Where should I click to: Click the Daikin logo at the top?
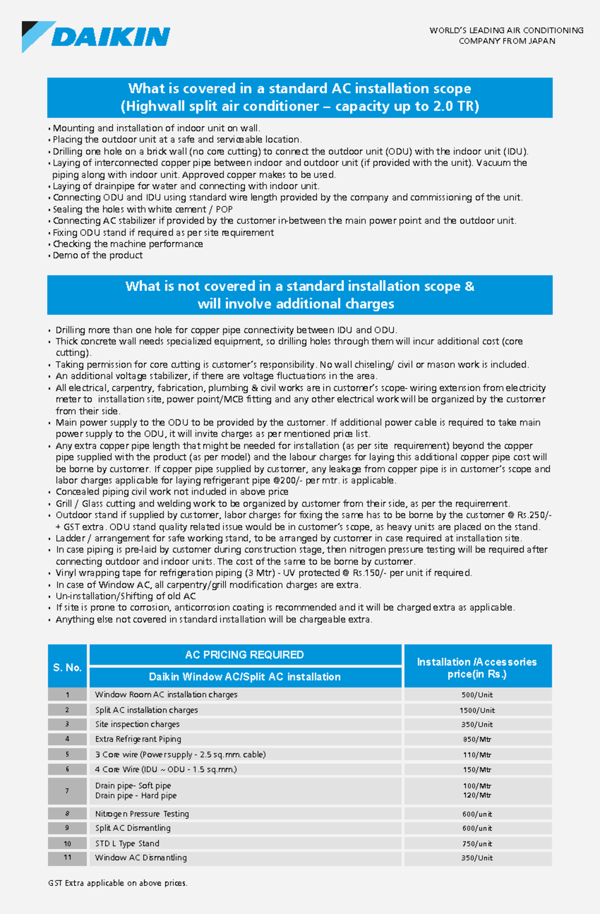coord(96,36)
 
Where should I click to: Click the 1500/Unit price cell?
coord(477,710)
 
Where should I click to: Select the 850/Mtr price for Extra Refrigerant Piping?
coord(477,739)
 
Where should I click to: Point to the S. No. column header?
coord(67,667)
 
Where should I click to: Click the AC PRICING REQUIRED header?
coord(244,654)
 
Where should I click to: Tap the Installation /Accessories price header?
coord(477,667)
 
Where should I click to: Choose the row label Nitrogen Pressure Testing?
coord(142,813)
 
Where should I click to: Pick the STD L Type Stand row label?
coord(127,843)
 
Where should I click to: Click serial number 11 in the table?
coord(67,857)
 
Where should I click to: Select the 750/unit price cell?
coord(477,843)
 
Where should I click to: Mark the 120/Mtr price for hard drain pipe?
coord(477,795)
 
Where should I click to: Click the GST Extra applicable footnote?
coord(117,883)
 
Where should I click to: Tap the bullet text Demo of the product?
coord(97,255)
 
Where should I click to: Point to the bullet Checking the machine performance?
coord(127,244)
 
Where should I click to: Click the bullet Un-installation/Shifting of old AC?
coord(125,596)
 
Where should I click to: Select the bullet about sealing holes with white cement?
coord(142,209)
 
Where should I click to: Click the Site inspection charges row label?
coord(137,724)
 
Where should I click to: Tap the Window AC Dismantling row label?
coord(140,857)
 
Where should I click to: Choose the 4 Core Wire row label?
coord(165,769)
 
